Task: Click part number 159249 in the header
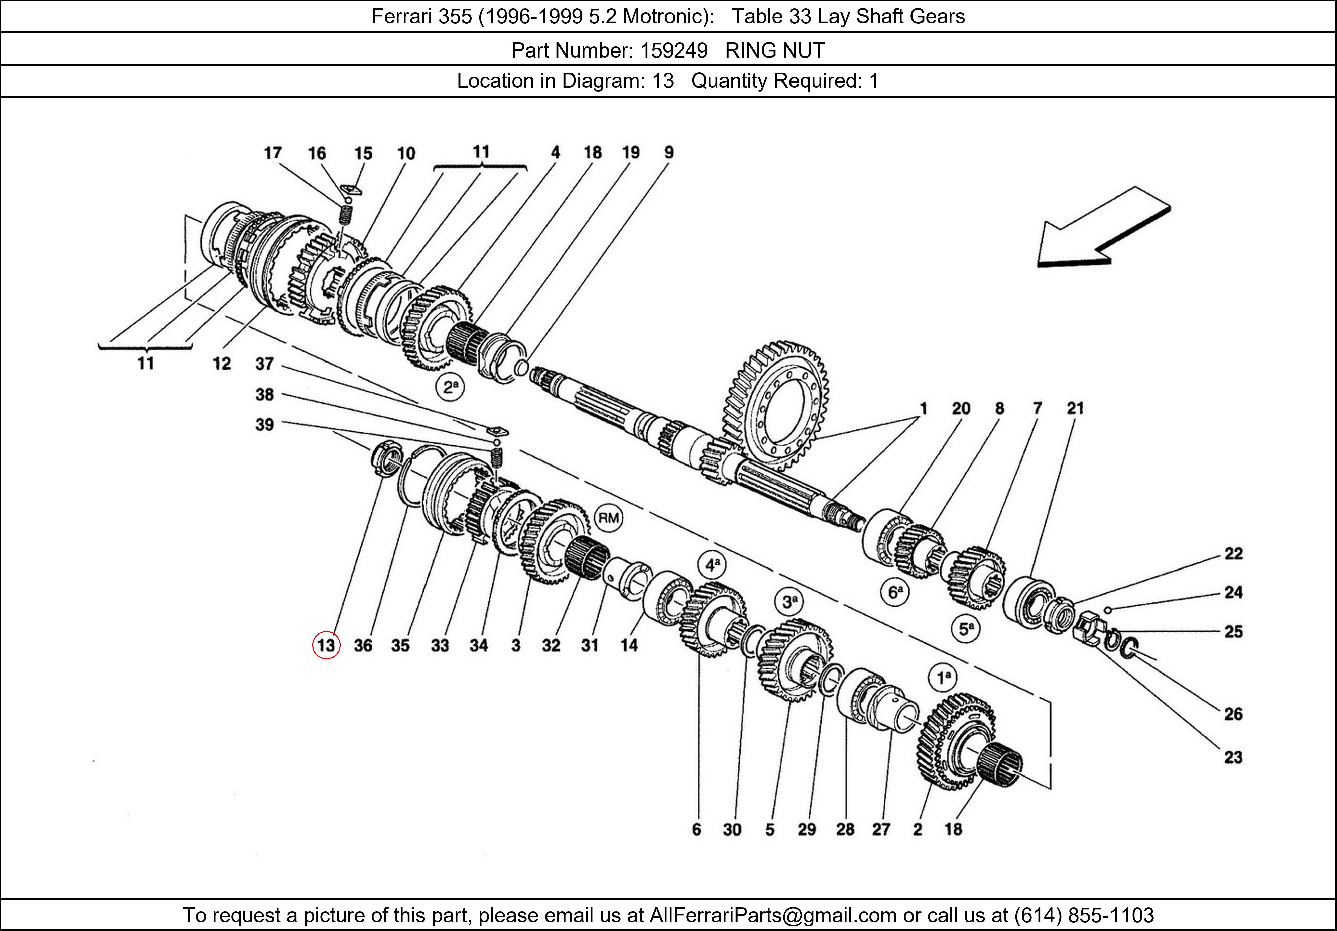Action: pyautogui.click(x=674, y=51)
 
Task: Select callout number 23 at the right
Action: pyautogui.click(x=1233, y=757)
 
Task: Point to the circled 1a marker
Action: pyautogui.click(x=943, y=677)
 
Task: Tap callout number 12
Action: pyautogui.click(x=221, y=364)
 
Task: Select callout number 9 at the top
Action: pyautogui.click(x=668, y=152)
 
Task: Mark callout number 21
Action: pyautogui.click(x=1075, y=408)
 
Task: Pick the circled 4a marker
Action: pyautogui.click(x=713, y=564)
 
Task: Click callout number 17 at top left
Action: pyautogui.click(x=272, y=153)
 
